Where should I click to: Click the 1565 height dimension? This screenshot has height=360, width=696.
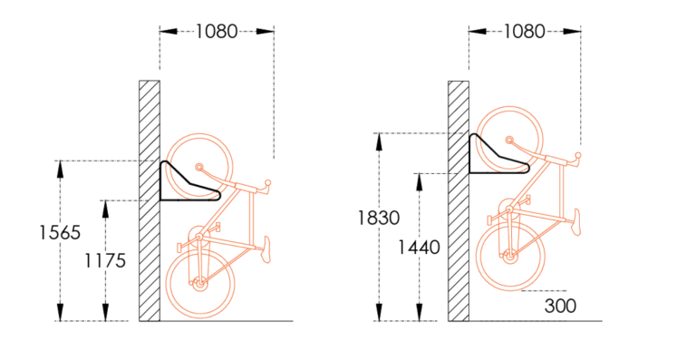pyautogui.click(x=60, y=233)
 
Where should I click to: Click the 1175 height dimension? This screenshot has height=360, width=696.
pyautogui.click(x=105, y=261)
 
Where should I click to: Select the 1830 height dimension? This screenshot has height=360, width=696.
pyautogui.click(x=379, y=218)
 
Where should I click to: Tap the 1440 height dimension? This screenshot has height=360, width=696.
pyautogui.click(x=419, y=248)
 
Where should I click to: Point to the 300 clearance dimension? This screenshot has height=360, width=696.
pyautogui.click(x=560, y=306)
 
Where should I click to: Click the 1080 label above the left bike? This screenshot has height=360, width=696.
pyautogui.click(x=217, y=32)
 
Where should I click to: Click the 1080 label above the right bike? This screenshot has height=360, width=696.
pyautogui.click(x=524, y=32)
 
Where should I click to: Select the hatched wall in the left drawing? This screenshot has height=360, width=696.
pyautogui.click(x=150, y=200)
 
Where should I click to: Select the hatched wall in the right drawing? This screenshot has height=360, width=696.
pyautogui.click(x=459, y=200)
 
